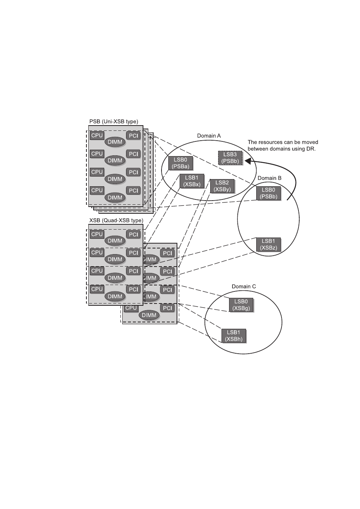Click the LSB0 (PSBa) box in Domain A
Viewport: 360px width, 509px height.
coord(180,163)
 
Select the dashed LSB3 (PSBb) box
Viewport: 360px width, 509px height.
coord(230,158)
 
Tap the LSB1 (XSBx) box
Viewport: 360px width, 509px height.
coord(192,181)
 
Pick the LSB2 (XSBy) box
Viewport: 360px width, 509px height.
coord(222,186)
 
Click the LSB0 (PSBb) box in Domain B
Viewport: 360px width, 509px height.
coord(268,193)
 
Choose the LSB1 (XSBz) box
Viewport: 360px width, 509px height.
coord(268,244)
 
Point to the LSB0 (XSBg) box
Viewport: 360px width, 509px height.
coord(241,305)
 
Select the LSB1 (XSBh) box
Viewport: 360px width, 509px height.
coord(234,336)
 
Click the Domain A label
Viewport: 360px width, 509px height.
coord(209,136)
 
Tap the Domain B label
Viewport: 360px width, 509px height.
coord(269,178)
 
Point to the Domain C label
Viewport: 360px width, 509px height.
coord(244,286)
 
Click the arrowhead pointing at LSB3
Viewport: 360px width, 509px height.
coord(248,161)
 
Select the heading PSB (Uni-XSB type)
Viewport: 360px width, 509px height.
coord(114,121)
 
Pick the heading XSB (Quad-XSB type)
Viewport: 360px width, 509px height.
coord(116,221)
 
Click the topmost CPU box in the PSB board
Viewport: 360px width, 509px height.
coord(97,135)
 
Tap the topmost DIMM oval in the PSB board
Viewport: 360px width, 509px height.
coord(115,142)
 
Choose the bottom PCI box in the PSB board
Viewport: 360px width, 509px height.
coord(133,190)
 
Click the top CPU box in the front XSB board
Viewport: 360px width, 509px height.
coord(97,234)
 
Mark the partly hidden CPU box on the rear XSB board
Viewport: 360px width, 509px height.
coord(131,308)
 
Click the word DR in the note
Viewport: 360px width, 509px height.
coord(311,149)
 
